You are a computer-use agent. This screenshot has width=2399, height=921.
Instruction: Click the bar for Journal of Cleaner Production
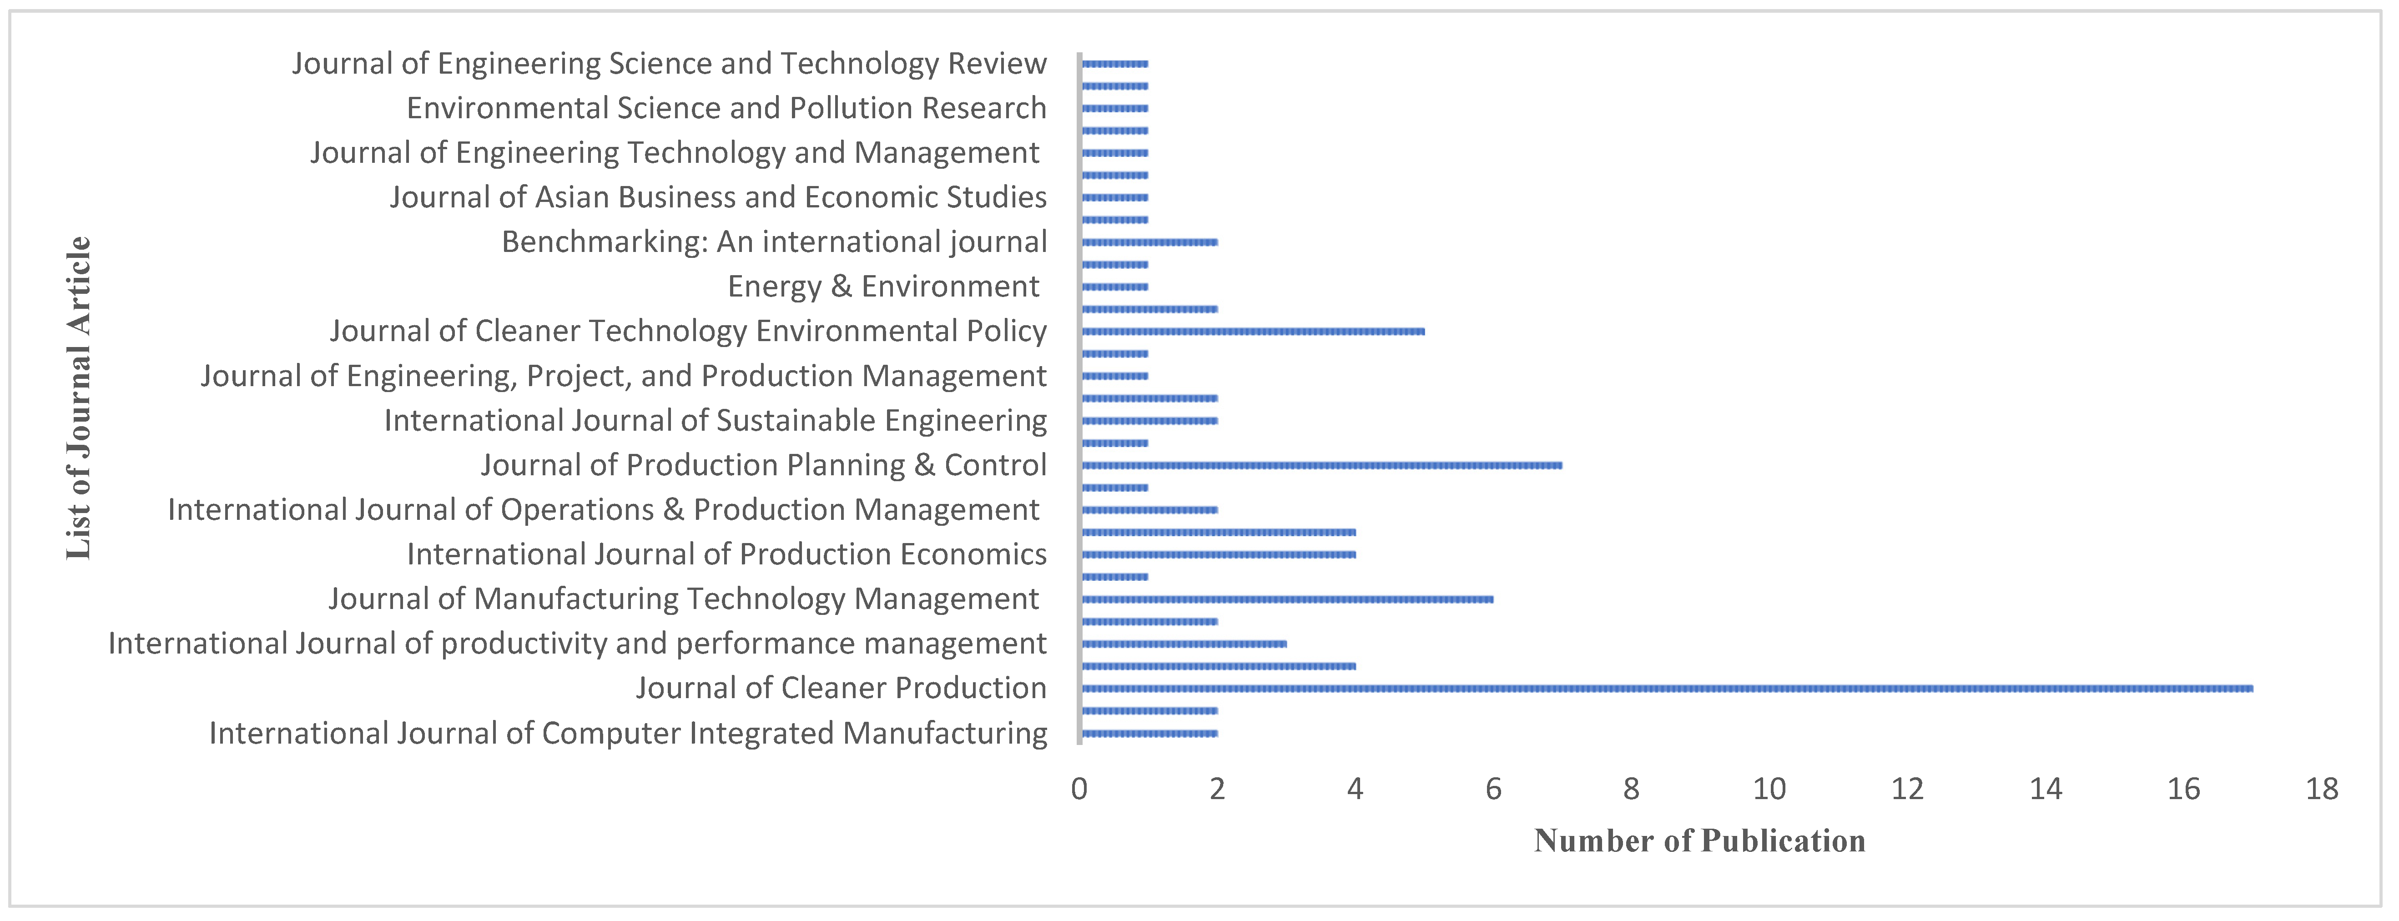click(x=1667, y=688)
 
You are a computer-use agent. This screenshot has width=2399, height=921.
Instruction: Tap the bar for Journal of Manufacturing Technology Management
click(x=1287, y=599)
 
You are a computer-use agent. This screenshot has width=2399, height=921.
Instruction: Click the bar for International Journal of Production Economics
click(x=1218, y=554)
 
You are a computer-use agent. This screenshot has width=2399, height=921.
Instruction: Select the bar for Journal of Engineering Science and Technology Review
click(x=1115, y=63)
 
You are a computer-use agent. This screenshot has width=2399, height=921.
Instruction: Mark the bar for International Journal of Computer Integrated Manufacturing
click(x=1149, y=733)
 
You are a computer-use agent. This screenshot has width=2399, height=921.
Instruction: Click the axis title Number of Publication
click(x=1699, y=841)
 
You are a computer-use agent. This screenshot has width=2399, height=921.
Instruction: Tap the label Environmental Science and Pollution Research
click(x=726, y=108)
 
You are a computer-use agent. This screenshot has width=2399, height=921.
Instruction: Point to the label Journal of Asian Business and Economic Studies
click(x=718, y=197)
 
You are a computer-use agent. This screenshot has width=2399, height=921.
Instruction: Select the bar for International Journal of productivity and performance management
click(x=1184, y=644)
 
